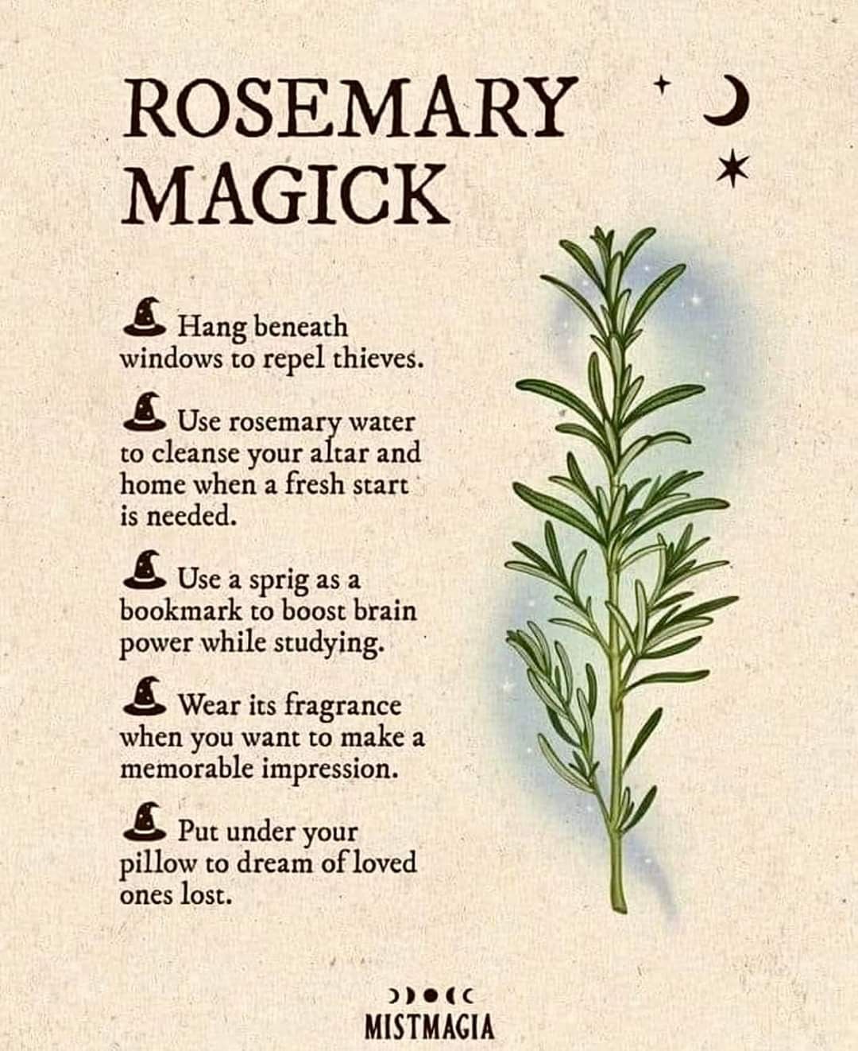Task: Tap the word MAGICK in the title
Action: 285,193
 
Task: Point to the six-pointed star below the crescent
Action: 733,168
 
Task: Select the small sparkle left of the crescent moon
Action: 661,85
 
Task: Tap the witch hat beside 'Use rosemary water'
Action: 145,412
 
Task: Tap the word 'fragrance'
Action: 343,707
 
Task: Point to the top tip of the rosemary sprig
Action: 599,231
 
